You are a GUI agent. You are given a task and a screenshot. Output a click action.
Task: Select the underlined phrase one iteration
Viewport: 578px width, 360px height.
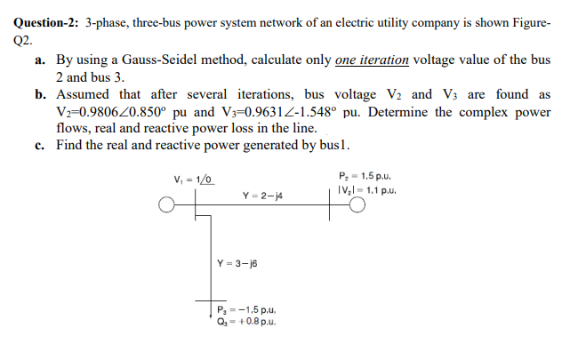[372, 60]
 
